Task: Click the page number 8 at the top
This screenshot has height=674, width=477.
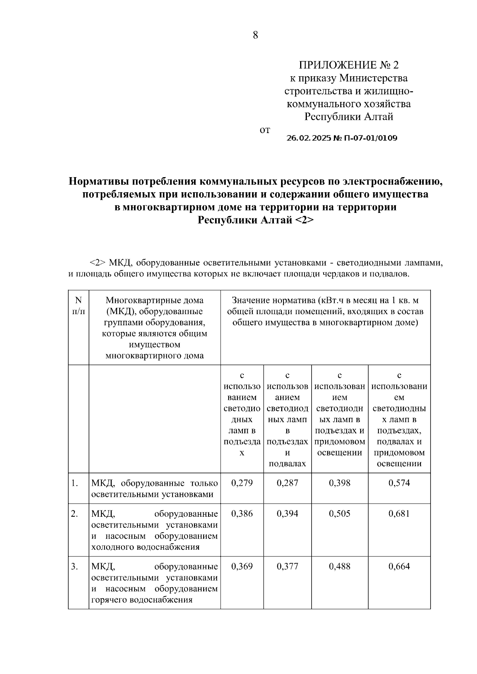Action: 255,35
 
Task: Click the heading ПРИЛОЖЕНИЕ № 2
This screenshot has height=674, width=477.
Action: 348,65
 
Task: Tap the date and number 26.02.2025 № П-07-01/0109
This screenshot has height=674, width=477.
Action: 342,138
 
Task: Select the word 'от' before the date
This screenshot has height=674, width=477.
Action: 264,130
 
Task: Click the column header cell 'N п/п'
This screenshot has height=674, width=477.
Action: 78,306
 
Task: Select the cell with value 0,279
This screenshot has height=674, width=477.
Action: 242,483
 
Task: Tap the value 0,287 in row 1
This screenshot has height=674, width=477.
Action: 287,483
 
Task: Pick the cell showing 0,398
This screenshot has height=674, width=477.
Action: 339,483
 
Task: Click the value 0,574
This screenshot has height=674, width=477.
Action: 399,483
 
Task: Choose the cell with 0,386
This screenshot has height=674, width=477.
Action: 242,514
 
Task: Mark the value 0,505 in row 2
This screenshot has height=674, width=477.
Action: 339,514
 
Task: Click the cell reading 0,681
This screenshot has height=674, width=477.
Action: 399,514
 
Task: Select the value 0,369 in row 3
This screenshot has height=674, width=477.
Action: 242,566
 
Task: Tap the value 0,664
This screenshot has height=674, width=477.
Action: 399,566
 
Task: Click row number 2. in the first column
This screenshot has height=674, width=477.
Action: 74,514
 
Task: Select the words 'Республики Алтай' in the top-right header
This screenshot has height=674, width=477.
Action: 349,117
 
